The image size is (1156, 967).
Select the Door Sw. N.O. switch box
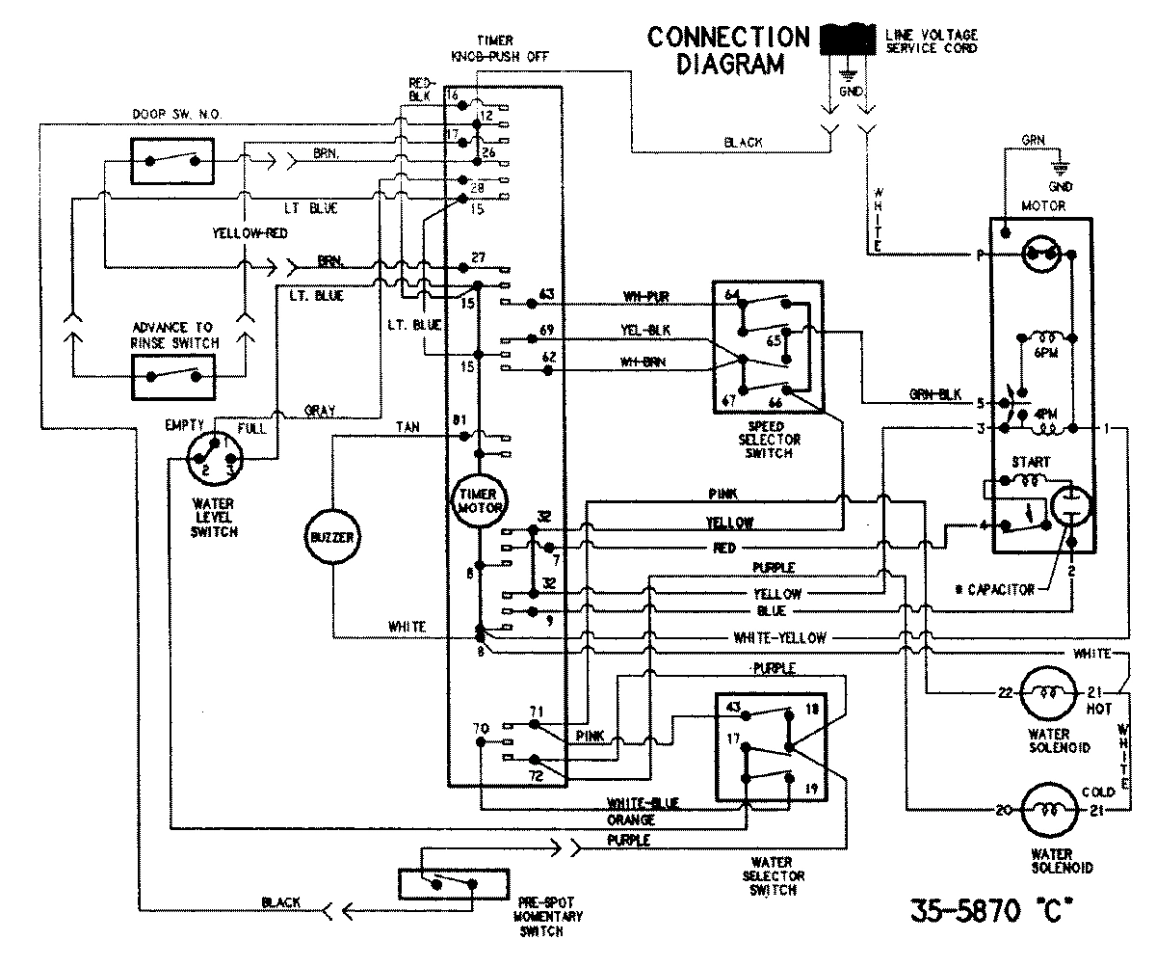point(171,159)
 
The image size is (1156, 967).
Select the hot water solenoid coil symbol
point(1044,693)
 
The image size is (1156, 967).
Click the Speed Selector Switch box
point(767,347)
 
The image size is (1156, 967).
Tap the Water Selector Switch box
point(768,746)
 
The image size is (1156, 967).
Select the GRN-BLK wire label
point(933,394)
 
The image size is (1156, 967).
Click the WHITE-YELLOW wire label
point(779,637)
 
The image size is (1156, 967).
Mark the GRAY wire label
point(320,411)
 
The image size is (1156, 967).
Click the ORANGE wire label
point(631,819)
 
